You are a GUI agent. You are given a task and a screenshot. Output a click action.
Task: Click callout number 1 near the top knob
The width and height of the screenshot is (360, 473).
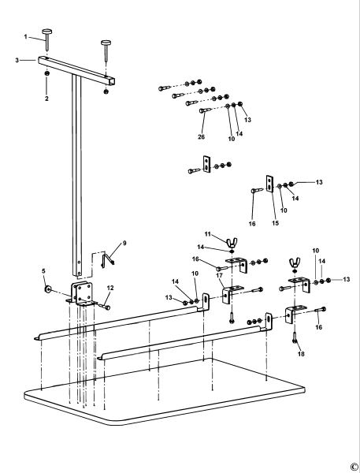click(26, 37)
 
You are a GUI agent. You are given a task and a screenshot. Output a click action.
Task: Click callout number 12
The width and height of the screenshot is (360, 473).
click(110, 287)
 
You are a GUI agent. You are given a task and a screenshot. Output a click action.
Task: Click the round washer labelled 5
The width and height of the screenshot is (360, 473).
click(49, 290)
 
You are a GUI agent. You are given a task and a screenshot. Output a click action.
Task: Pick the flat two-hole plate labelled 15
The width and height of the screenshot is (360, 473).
click(270, 183)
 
